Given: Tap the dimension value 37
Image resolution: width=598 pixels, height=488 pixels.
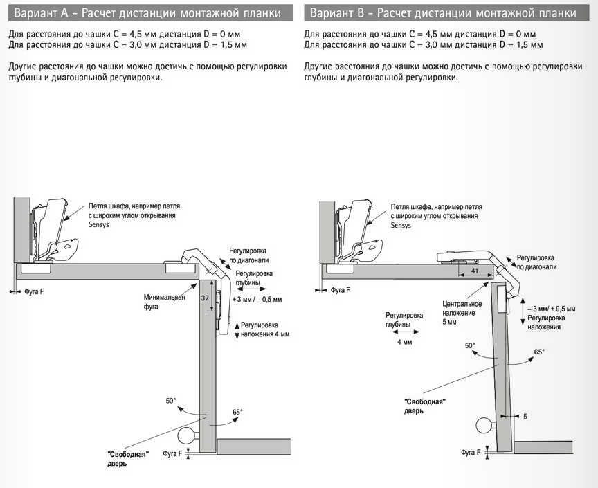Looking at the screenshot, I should tap(204, 298).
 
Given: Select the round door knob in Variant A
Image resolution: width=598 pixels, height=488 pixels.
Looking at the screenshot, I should tap(186, 435).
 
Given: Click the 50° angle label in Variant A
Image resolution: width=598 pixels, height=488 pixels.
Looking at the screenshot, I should tap(171, 401).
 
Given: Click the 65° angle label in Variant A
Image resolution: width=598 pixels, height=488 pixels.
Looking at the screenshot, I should tap(237, 412).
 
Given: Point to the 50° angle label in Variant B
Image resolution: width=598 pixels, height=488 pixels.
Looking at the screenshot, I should tap(470, 345).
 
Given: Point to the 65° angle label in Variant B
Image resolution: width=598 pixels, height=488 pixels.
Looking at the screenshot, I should tap(539, 352).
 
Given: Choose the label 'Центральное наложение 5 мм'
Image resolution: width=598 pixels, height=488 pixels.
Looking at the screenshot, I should tap(459, 313).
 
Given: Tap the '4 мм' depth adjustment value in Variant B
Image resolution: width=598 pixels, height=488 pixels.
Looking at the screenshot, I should tap(404, 342).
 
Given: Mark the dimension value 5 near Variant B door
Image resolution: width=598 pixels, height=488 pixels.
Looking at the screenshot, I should tap(525, 417).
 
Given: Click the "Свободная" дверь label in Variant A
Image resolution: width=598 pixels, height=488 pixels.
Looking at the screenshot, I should tap(128, 458).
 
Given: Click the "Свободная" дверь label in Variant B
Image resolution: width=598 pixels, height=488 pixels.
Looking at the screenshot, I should tap(424, 406).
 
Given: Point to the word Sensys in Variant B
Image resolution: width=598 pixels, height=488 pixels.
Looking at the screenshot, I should tap(400, 225).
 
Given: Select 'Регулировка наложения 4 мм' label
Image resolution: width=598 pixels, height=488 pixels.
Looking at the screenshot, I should tap(264, 329).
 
